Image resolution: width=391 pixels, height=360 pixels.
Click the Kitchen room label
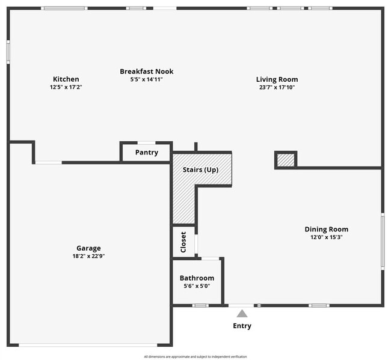(x=66, y=79)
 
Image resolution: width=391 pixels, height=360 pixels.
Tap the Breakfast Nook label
(x=146, y=72)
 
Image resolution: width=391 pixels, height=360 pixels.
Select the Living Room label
(x=277, y=79)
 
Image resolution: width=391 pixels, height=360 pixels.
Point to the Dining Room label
(x=326, y=229)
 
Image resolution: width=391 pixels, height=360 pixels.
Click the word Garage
(x=88, y=248)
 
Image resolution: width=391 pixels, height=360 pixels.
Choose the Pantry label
(x=146, y=153)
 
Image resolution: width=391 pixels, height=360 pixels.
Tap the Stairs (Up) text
(x=200, y=169)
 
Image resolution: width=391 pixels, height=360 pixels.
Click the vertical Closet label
(x=183, y=242)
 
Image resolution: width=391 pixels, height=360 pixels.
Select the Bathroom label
(x=197, y=278)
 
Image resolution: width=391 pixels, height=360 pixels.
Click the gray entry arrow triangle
(x=242, y=313)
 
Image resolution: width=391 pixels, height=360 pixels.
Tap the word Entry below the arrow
(x=242, y=326)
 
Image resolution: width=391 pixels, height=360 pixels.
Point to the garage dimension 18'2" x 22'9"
(x=88, y=256)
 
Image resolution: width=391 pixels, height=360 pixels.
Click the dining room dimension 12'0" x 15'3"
(x=326, y=237)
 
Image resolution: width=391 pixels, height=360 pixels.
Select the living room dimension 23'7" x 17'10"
(x=277, y=87)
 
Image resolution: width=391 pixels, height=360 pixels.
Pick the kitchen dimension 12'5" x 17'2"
(x=66, y=87)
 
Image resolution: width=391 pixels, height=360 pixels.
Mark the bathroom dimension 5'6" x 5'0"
(x=197, y=286)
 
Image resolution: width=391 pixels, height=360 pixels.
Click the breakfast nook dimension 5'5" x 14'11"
(x=146, y=79)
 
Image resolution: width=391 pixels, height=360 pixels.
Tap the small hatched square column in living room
(x=286, y=160)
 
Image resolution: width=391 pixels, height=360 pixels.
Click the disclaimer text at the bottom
(x=195, y=356)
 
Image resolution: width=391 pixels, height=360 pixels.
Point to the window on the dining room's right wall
(x=382, y=240)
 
